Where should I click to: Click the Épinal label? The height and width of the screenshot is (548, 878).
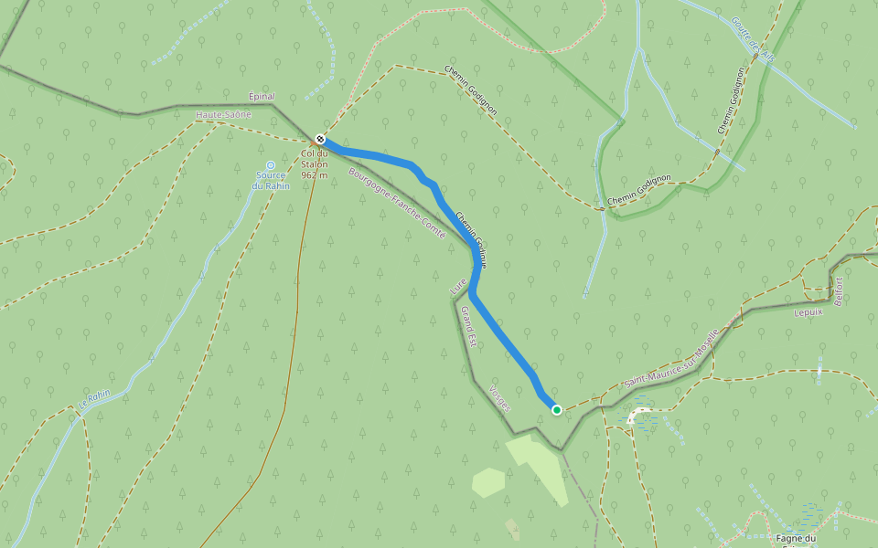262,96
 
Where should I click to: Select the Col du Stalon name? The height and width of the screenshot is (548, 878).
315,158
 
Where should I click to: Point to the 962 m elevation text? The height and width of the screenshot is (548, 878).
315,174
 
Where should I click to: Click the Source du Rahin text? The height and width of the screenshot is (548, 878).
271,180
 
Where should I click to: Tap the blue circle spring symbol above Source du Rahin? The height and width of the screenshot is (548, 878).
270,165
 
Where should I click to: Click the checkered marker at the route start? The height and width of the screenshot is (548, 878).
320,138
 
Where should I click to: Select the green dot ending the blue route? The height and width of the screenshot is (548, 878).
556,410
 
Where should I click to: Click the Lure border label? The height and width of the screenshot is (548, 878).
458,287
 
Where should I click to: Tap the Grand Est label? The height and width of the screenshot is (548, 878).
469,327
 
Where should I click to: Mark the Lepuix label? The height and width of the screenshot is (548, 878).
809,311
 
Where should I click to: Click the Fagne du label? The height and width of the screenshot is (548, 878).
796,538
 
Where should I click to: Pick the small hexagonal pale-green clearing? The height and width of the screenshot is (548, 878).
488,482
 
